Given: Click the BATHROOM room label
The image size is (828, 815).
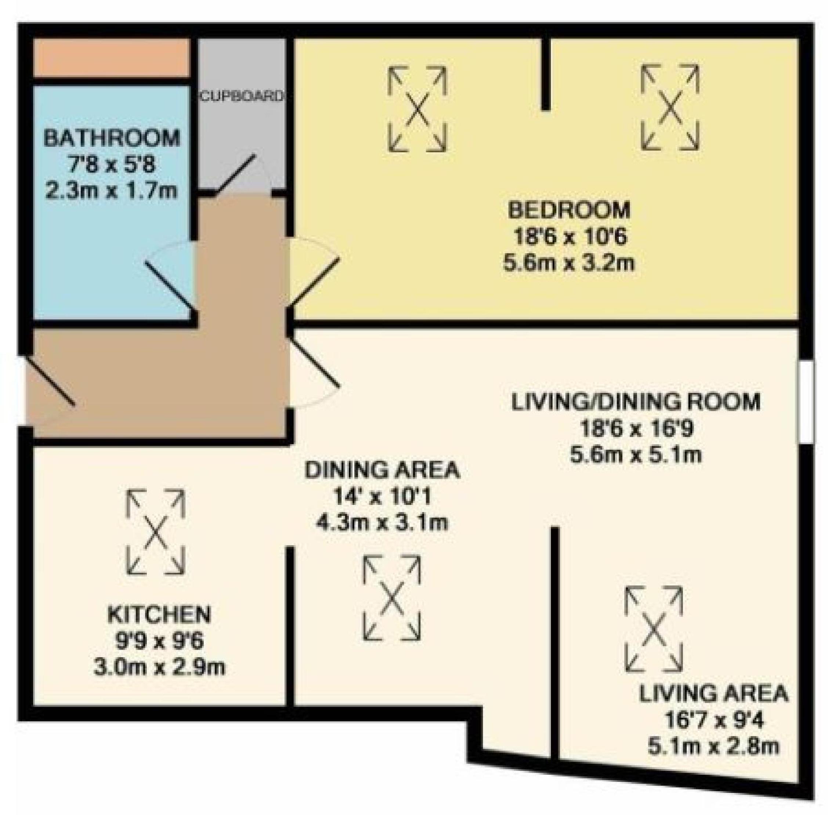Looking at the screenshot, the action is click(x=112, y=138).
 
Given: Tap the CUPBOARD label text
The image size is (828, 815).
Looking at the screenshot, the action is click(x=242, y=96).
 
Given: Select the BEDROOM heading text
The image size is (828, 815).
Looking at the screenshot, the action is click(x=569, y=210).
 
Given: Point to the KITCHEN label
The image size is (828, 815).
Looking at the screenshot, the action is click(x=159, y=614).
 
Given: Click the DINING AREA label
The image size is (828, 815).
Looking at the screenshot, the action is click(x=382, y=470).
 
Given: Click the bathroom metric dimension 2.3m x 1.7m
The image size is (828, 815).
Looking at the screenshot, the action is click(x=111, y=191).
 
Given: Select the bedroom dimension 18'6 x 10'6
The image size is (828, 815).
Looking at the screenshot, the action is click(x=570, y=237).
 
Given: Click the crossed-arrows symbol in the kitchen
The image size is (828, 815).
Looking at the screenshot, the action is click(x=155, y=532).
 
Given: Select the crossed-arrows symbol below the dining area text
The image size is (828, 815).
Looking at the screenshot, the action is click(x=392, y=598).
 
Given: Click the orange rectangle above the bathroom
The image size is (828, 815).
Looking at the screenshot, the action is click(x=111, y=58).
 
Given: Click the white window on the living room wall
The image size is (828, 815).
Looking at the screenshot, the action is click(x=806, y=402).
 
